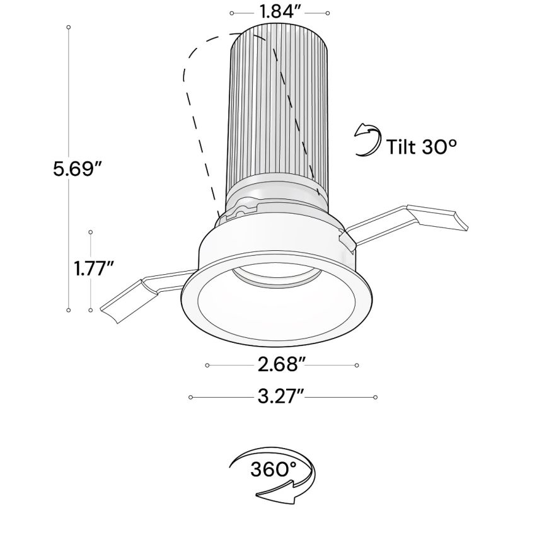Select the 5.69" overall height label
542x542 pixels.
pyautogui.click(x=78, y=169)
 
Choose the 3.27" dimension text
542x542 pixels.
pyautogui.click(x=282, y=396)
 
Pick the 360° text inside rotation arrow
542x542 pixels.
pyautogui.click(x=273, y=470)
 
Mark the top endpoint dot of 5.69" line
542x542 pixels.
pyautogui.click(x=68, y=28)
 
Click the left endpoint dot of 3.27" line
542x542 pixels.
pyautogui.click(x=190, y=397)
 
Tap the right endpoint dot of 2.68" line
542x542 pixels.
pyautogui.click(x=357, y=365)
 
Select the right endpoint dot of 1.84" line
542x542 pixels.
pyautogui.click(x=328, y=13)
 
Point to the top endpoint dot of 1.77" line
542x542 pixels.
pyautogui.click(x=91, y=231)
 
